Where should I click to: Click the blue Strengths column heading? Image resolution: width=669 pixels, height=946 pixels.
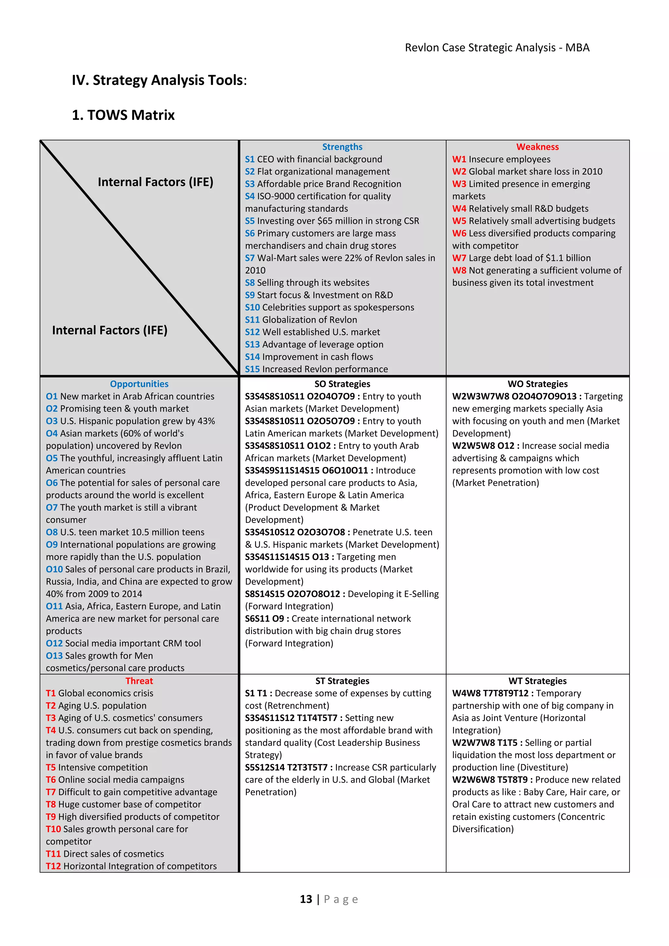pyautogui.click(x=342, y=147)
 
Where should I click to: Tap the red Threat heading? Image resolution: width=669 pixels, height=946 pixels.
pyautogui.click(x=139, y=681)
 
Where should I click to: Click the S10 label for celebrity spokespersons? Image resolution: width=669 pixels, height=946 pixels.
pyautogui.click(x=252, y=307)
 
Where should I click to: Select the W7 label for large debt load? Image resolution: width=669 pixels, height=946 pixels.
pyautogui.click(x=459, y=258)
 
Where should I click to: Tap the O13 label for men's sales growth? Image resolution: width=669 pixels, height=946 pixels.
pyautogui.click(x=54, y=656)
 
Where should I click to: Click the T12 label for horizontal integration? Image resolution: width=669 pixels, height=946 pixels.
pyautogui.click(x=53, y=866)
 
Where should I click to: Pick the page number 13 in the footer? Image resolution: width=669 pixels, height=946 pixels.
pyautogui.click(x=306, y=899)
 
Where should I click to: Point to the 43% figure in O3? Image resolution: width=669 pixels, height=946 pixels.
pyautogui.click(x=206, y=421)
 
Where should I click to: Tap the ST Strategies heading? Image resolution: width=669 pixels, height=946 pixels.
pyautogui.click(x=342, y=681)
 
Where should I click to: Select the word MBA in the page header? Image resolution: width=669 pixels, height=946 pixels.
pyautogui.click(x=577, y=48)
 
